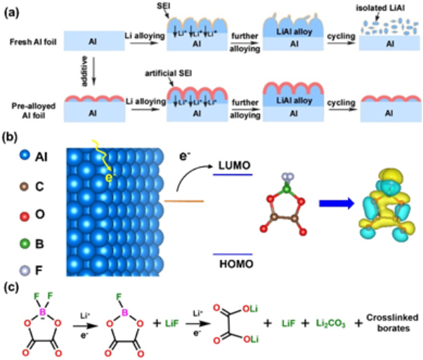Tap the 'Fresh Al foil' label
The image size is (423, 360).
coord(27,39)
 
